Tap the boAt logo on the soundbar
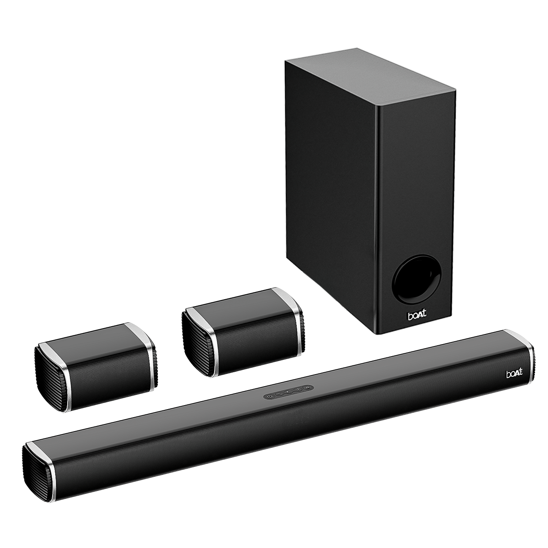514,373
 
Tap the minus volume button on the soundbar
279,393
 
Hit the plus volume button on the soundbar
298,389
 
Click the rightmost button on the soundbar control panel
308,387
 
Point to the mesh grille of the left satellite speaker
110,384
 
